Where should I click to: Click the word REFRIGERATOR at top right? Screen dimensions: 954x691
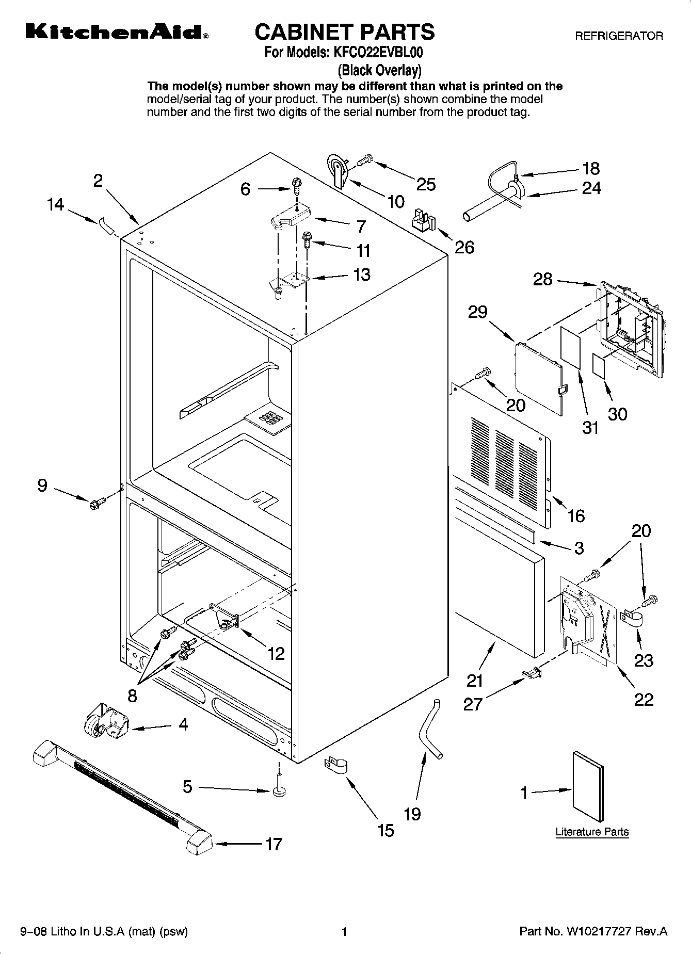pyautogui.click(x=619, y=36)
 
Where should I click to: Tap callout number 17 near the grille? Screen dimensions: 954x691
pyautogui.click(x=274, y=844)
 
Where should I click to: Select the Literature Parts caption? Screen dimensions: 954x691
pyautogui.click(x=592, y=832)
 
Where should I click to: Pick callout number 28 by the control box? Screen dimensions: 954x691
pyautogui.click(x=542, y=280)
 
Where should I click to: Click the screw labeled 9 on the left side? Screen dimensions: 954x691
pyautogui.click(x=97, y=502)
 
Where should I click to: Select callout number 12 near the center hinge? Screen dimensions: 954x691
pyautogui.click(x=276, y=654)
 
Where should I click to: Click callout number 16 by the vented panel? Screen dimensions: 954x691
pyautogui.click(x=576, y=515)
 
